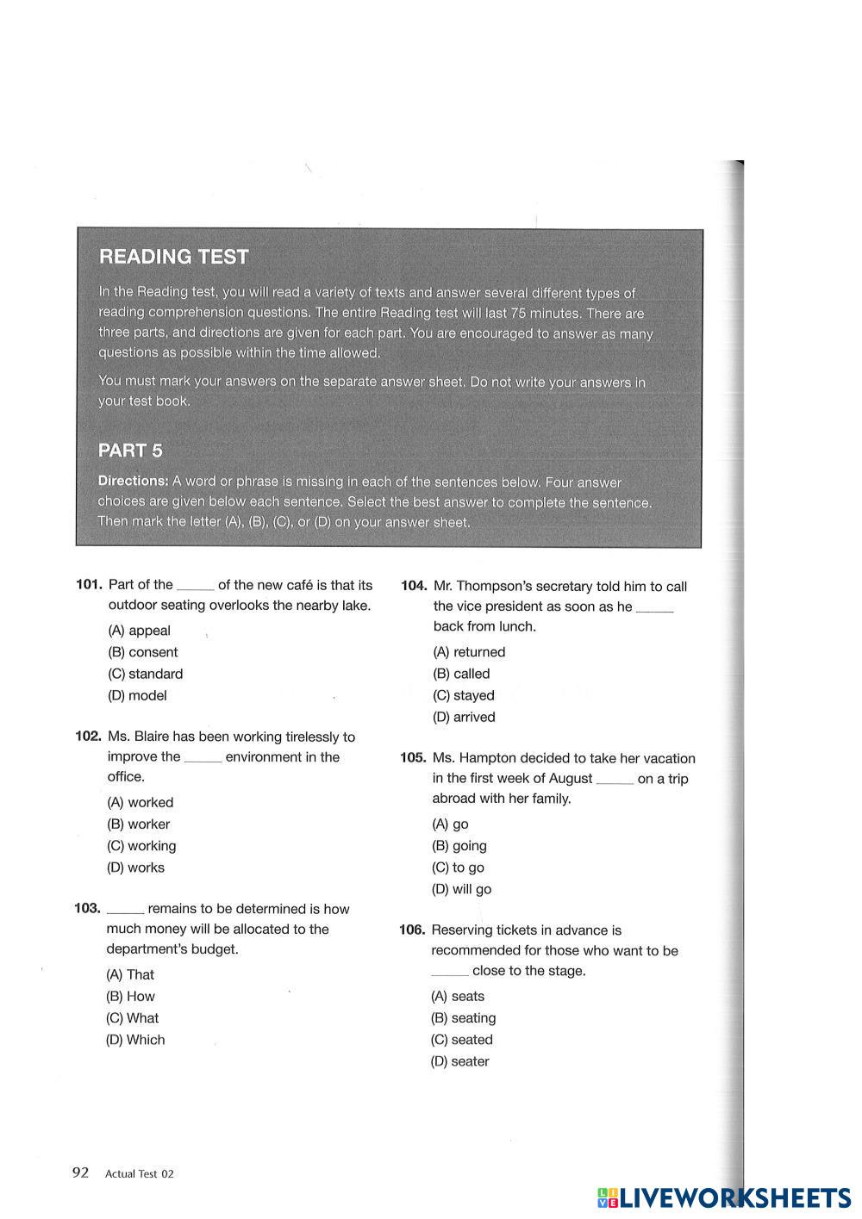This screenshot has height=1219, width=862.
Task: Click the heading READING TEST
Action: pos(173,257)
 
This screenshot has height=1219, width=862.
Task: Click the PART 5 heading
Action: pos(130,451)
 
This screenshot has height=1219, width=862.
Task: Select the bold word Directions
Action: pos(132,482)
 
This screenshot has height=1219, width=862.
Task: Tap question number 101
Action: pos(90,585)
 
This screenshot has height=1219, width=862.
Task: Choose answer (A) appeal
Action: pos(139,631)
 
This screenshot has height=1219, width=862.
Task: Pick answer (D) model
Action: pos(137,695)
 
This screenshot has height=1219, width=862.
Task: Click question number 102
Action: pos(89,737)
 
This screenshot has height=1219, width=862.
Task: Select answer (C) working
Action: pos(141,846)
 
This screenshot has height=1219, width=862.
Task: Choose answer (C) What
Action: pos(132,1017)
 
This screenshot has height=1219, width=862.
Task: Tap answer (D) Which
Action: pos(135,1040)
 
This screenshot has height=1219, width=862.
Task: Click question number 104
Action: pos(414,586)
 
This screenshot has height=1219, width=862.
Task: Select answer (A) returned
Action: pos(469,652)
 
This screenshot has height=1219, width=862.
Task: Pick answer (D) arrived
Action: pos(464,717)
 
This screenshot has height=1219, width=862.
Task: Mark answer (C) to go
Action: pos(458,868)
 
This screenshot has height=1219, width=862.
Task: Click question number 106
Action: pos(413,930)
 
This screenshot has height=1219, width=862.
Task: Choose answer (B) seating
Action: pos(463,1018)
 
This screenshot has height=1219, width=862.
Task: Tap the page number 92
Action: pos(80,1172)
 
